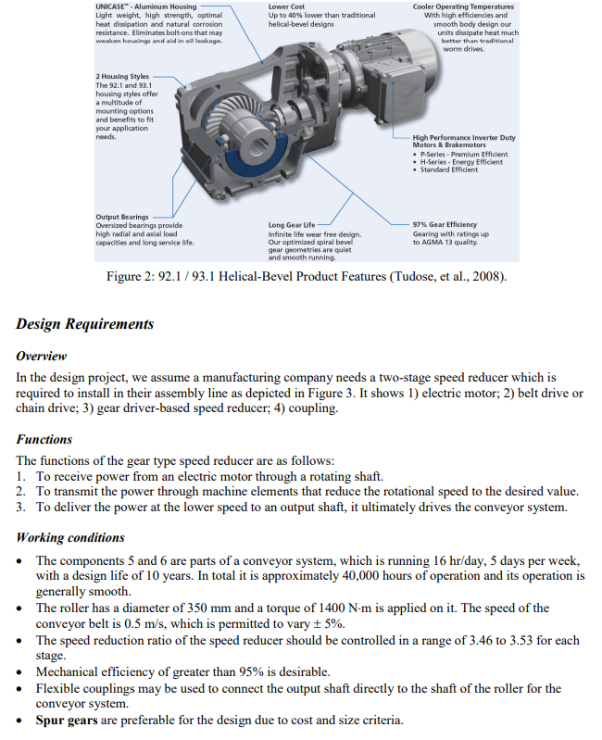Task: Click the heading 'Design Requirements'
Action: click(x=84, y=324)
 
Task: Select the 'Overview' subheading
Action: click(x=42, y=356)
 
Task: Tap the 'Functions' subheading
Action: click(x=44, y=439)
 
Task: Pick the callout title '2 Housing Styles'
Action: click(x=122, y=76)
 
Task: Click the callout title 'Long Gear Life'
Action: click(x=292, y=225)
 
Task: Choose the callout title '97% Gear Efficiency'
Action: click(x=445, y=225)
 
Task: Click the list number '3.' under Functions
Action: click(x=22, y=507)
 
